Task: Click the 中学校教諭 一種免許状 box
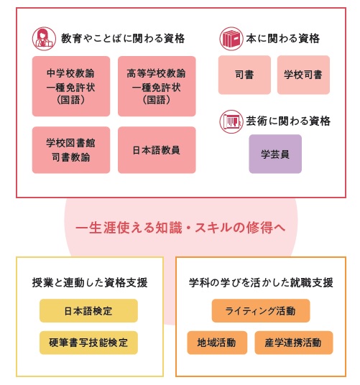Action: [71, 86]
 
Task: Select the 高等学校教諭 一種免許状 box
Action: [157, 86]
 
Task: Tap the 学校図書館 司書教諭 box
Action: [71, 150]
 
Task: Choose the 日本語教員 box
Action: [157, 150]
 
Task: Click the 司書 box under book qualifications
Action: [244, 75]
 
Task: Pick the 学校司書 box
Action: [303, 75]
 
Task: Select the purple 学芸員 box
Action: [275, 154]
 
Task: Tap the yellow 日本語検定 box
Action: [88, 310]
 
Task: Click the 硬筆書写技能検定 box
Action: [88, 343]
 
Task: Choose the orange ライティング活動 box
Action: [261, 310]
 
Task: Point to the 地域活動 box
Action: [217, 343]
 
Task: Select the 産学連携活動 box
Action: [294, 343]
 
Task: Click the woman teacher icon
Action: [44, 39]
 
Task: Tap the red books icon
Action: [231, 39]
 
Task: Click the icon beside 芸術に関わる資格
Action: [231, 121]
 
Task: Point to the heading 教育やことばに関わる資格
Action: [123, 39]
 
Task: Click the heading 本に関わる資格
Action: [283, 39]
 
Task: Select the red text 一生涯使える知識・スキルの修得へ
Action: [180, 228]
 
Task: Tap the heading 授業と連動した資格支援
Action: [90, 282]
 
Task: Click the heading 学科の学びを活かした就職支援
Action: [261, 282]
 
